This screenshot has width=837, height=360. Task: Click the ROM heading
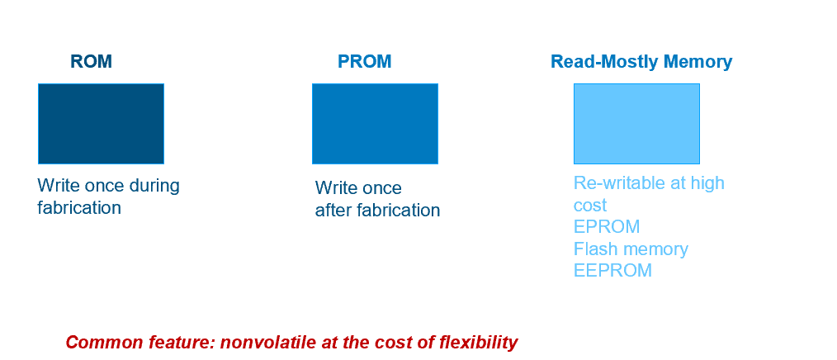[x=91, y=62]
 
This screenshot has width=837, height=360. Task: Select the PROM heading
[x=364, y=62]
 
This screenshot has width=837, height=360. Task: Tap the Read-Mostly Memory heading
[x=641, y=62]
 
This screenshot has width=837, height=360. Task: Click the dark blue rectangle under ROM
[x=101, y=123]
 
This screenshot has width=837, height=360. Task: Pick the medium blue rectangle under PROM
[x=375, y=123]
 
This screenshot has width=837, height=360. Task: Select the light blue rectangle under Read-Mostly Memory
[x=636, y=123]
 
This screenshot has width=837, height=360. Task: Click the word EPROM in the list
[x=607, y=227]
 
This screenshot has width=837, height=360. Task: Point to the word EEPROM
[x=612, y=271]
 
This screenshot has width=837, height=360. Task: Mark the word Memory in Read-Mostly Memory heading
[x=701, y=62]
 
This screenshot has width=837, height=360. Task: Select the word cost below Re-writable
[x=590, y=206]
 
